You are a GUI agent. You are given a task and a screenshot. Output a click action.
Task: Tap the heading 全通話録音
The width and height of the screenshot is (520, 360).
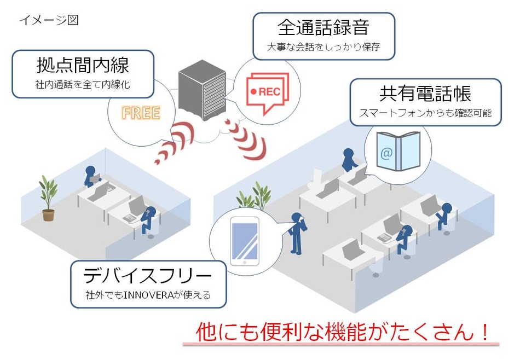click(x=323, y=27)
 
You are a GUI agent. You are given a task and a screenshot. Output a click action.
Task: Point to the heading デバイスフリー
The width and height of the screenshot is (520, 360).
click(x=147, y=275)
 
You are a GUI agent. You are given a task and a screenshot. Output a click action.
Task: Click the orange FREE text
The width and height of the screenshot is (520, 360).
click(x=141, y=113)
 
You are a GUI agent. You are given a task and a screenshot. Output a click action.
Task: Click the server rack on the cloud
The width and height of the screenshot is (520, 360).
click(x=202, y=89)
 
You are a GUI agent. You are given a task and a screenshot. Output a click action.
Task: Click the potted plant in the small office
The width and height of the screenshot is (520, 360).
click(x=48, y=198)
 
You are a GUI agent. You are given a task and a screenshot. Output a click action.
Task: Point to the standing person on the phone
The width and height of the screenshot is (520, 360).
click(x=296, y=233)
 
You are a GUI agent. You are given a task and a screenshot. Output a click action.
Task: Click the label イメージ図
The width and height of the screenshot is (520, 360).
click(x=49, y=20)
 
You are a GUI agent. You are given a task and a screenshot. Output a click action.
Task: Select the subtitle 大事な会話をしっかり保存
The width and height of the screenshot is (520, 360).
click(x=323, y=47)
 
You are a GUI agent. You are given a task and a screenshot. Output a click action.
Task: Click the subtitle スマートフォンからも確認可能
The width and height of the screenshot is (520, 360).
click(x=425, y=113)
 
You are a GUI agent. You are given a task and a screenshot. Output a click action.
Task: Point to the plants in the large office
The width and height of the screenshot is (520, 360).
click(x=255, y=197)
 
